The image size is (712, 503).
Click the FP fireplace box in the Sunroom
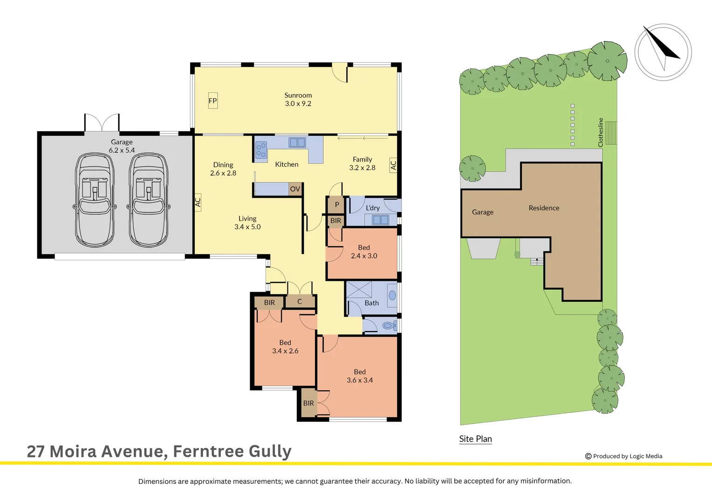(x=213, y=101)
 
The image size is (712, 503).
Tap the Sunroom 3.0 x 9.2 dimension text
(x=298, y=104)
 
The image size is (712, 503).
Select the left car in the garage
(x=95, y=200)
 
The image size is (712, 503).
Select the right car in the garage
(x=149, y=200)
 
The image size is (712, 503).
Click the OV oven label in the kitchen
(x=295, y=189)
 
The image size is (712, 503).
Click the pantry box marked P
(x=336, y=204)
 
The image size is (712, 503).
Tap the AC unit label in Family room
(x=393, y=165)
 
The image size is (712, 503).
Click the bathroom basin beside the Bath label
(x=392, y=295)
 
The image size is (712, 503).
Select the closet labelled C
(x=300, y=302)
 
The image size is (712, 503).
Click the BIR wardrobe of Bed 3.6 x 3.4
(x=308, y=403)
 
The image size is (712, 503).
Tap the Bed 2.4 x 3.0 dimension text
(x=364, y=256)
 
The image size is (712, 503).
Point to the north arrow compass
(x=663, y=52)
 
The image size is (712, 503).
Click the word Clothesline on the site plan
(x=601, y=132)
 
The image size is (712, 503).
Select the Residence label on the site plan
(x=544, y=208)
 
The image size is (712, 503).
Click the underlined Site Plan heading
(x=475, y=439)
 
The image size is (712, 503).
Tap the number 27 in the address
(x=35, y=451)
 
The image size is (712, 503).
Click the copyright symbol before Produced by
(x=588, y=456)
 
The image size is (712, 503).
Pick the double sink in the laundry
(x=380, y=220)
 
